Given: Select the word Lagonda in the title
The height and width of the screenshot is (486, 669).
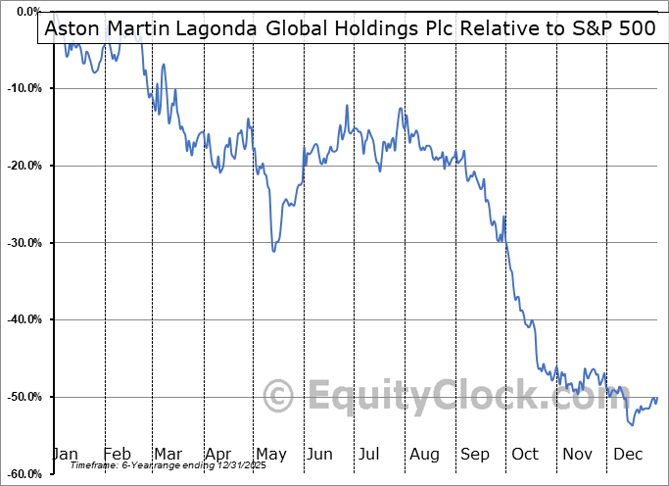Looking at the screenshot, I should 210,28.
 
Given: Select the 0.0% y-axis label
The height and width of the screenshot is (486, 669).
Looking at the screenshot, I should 24,12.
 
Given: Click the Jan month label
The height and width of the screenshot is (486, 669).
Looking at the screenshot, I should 65,455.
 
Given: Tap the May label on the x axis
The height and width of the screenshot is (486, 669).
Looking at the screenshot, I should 270,455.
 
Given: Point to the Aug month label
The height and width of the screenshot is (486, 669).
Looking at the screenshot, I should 424,455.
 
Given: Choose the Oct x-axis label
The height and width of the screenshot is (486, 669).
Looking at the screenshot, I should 525,455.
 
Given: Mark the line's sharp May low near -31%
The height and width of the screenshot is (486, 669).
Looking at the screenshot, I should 273,251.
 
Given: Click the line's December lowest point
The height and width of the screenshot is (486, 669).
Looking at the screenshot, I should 632,424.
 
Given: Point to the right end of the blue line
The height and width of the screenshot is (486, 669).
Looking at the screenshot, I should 656,398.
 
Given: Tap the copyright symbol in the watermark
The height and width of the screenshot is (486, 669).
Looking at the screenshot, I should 280,397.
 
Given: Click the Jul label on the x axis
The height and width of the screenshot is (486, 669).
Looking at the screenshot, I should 369,455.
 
